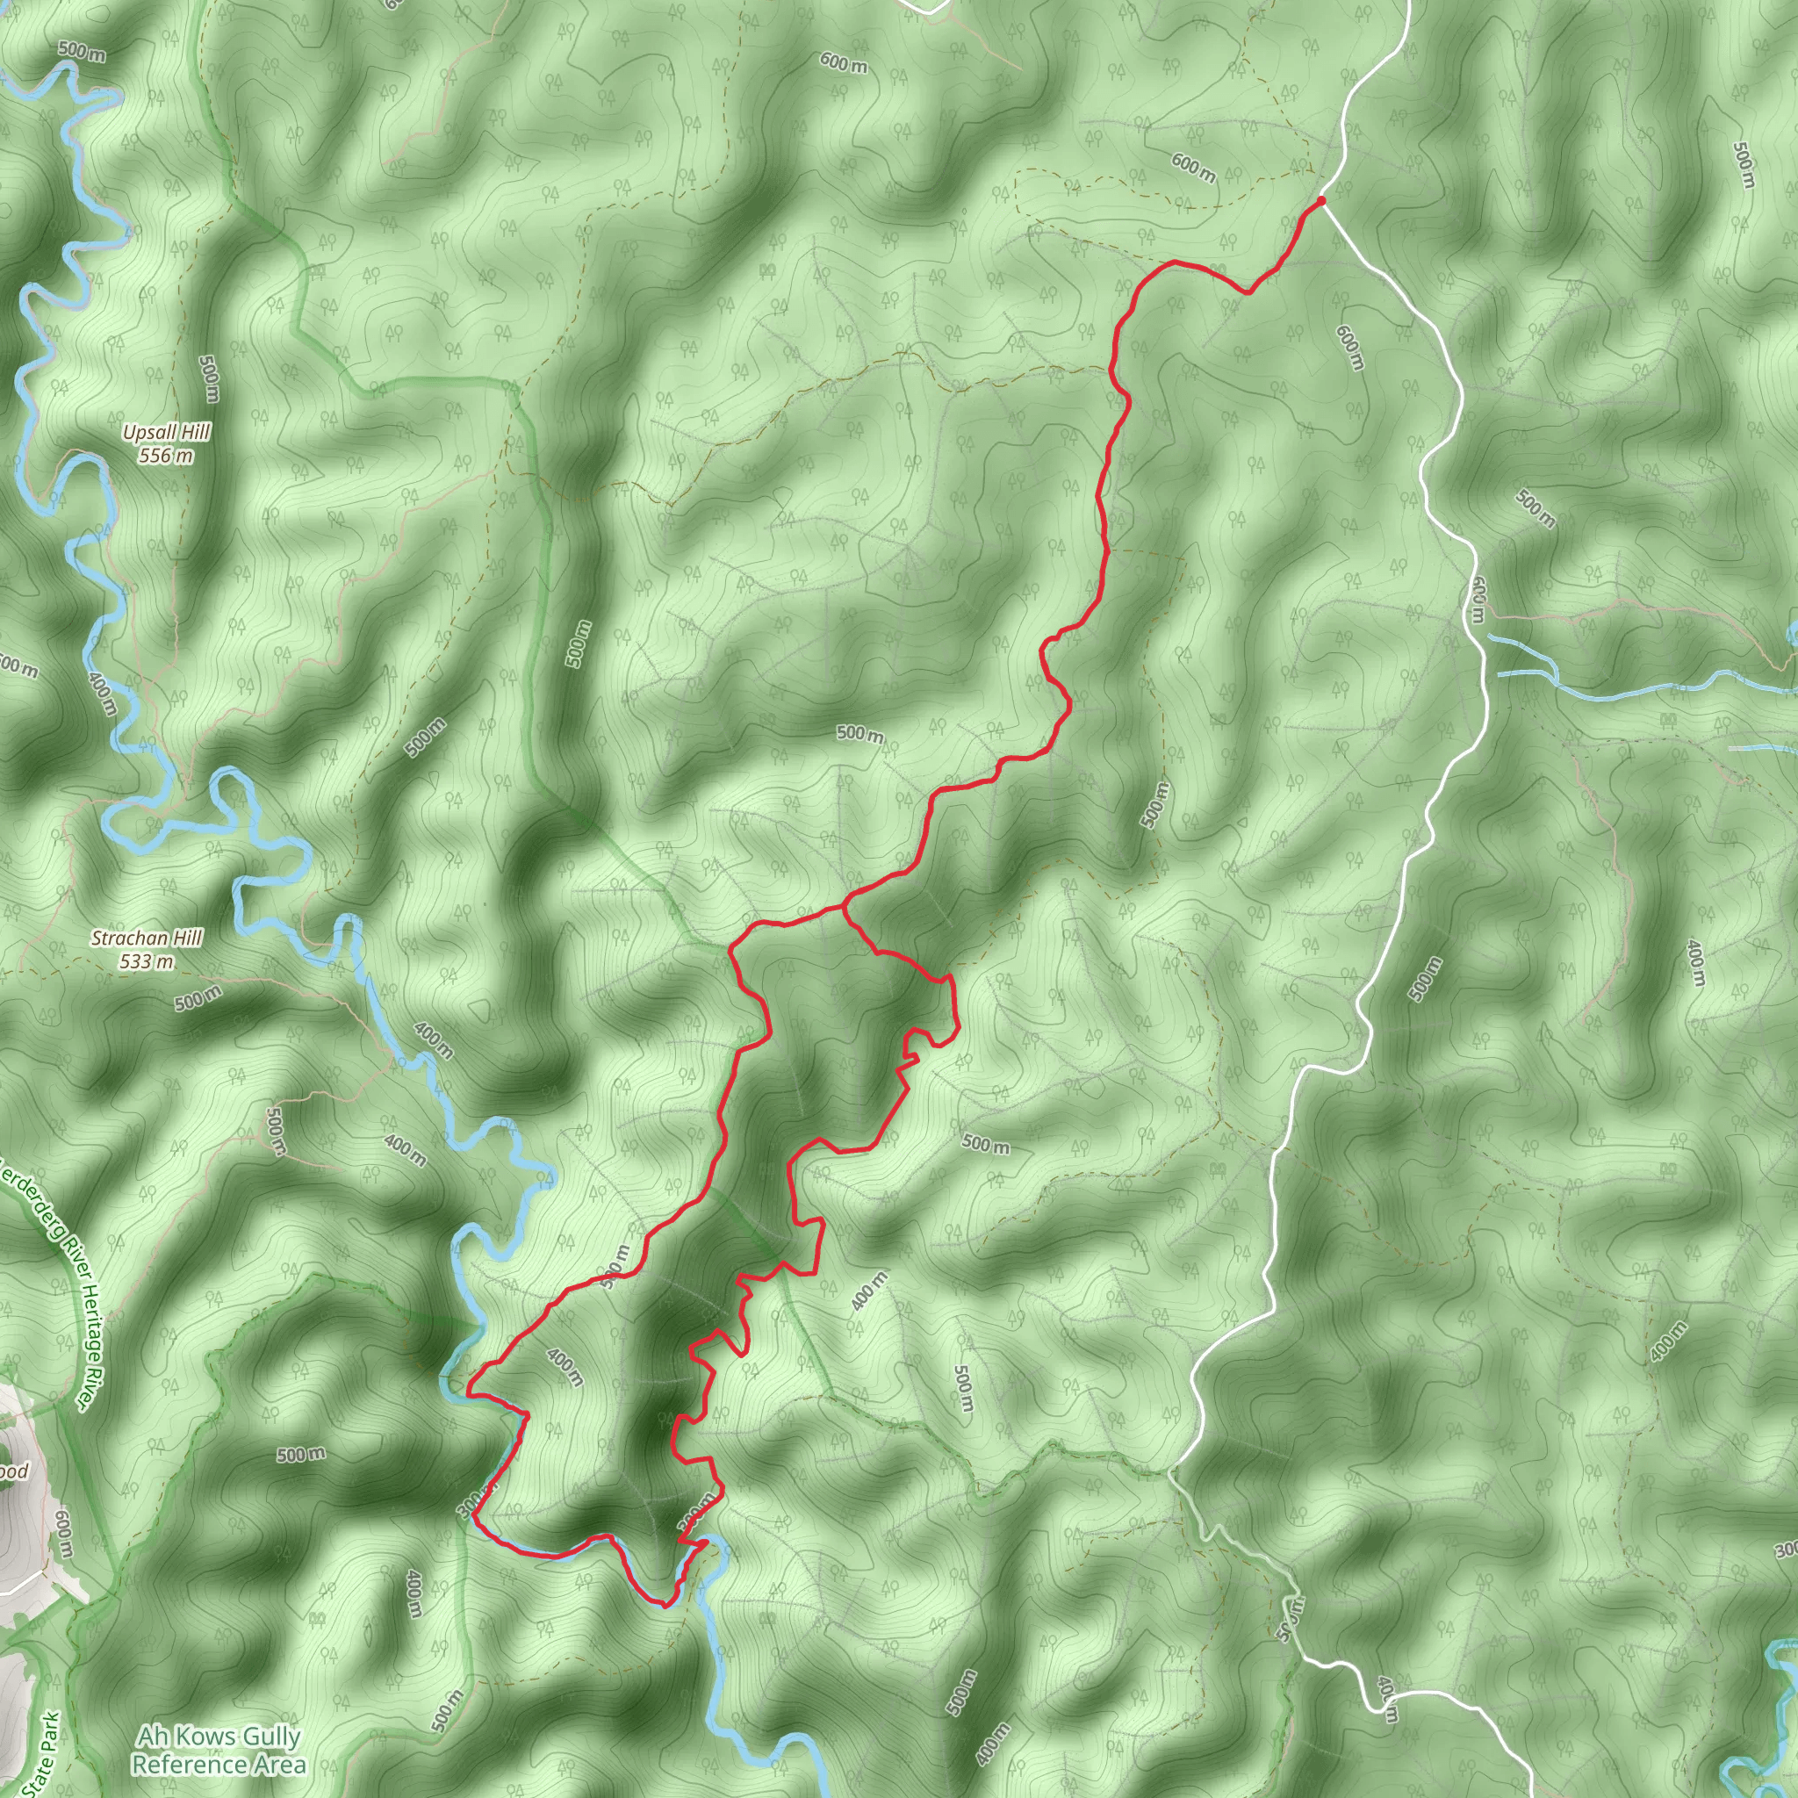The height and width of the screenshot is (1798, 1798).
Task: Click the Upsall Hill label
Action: point(167,432)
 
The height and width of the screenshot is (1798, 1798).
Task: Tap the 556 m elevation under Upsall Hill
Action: point(167,455)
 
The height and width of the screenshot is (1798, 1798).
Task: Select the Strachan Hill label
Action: point(147,939)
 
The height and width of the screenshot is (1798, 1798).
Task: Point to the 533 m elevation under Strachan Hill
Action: point(147,961)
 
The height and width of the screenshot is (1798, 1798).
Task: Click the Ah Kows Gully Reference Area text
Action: point(219,1750)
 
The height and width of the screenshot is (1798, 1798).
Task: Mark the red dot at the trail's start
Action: point(1320,200)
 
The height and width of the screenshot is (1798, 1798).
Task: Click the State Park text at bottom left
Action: point(44,1754)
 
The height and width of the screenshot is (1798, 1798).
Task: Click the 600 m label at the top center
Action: point(843,63)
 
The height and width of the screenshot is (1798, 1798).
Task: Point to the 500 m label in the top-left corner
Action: point(82,51)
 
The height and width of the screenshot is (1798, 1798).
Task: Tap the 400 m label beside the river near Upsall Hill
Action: point(104,693)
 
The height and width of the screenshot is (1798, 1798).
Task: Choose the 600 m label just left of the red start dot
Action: point(1193,169)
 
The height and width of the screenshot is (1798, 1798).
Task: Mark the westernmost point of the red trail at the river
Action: point(467,1393)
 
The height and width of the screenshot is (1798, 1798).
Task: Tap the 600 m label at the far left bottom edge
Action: point(63,1534)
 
